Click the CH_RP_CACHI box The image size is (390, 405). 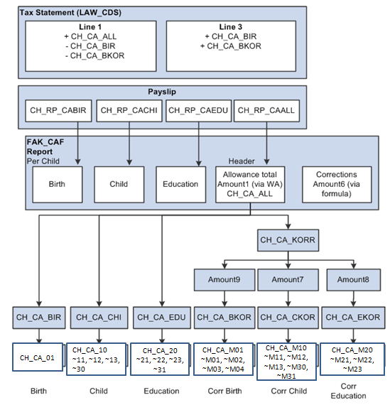click(x=128, y=110)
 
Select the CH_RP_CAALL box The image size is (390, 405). click(x=266, y=110)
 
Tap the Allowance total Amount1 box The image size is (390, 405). click(x=250, y=184)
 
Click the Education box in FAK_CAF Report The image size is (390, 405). click(x=180, y=184)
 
